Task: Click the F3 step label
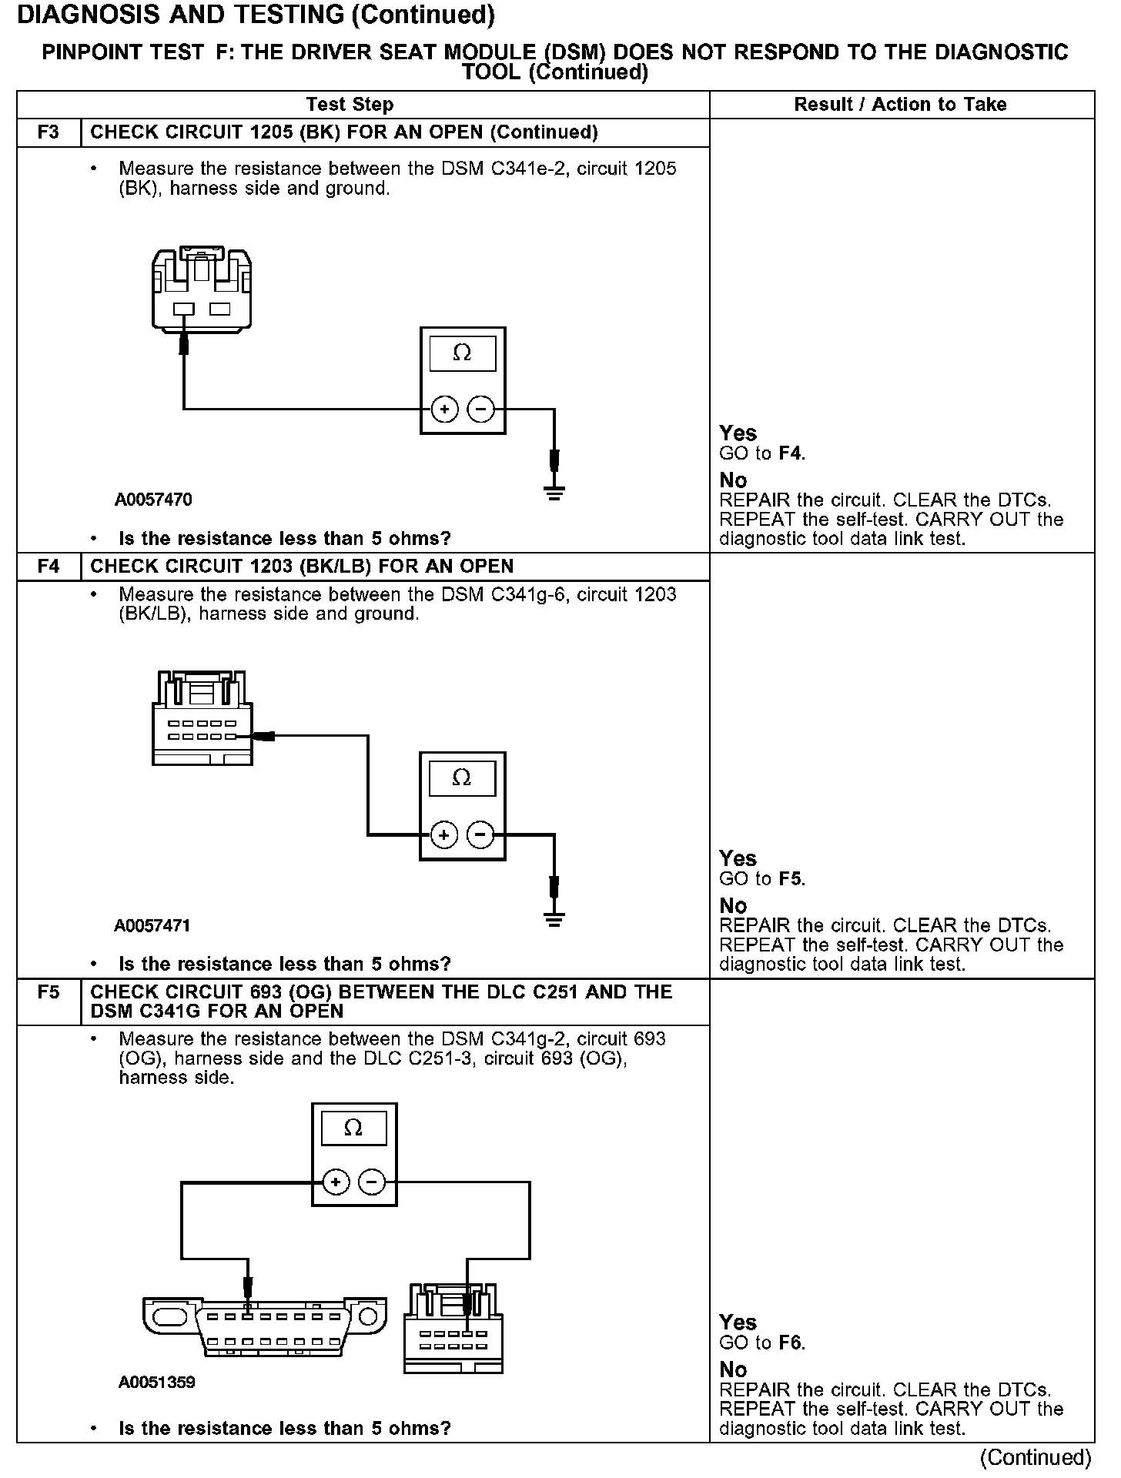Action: pos(48,132)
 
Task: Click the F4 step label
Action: pos(48,567)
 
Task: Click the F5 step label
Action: pos(48,992)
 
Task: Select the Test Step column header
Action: pos(350,105)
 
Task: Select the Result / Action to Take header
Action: pos(900,105)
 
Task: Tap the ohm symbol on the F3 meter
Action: pos(462,353)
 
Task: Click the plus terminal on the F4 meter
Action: pos(443,835)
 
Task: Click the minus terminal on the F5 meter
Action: pos(373,1182)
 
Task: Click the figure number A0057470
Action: pos(153,500)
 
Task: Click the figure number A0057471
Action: pos(152,926)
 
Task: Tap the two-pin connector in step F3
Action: pos(202,289)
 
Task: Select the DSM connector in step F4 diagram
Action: pos(202,719)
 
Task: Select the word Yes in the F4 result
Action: pos(738,859)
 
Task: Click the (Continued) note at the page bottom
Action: pos(1036,1458)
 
